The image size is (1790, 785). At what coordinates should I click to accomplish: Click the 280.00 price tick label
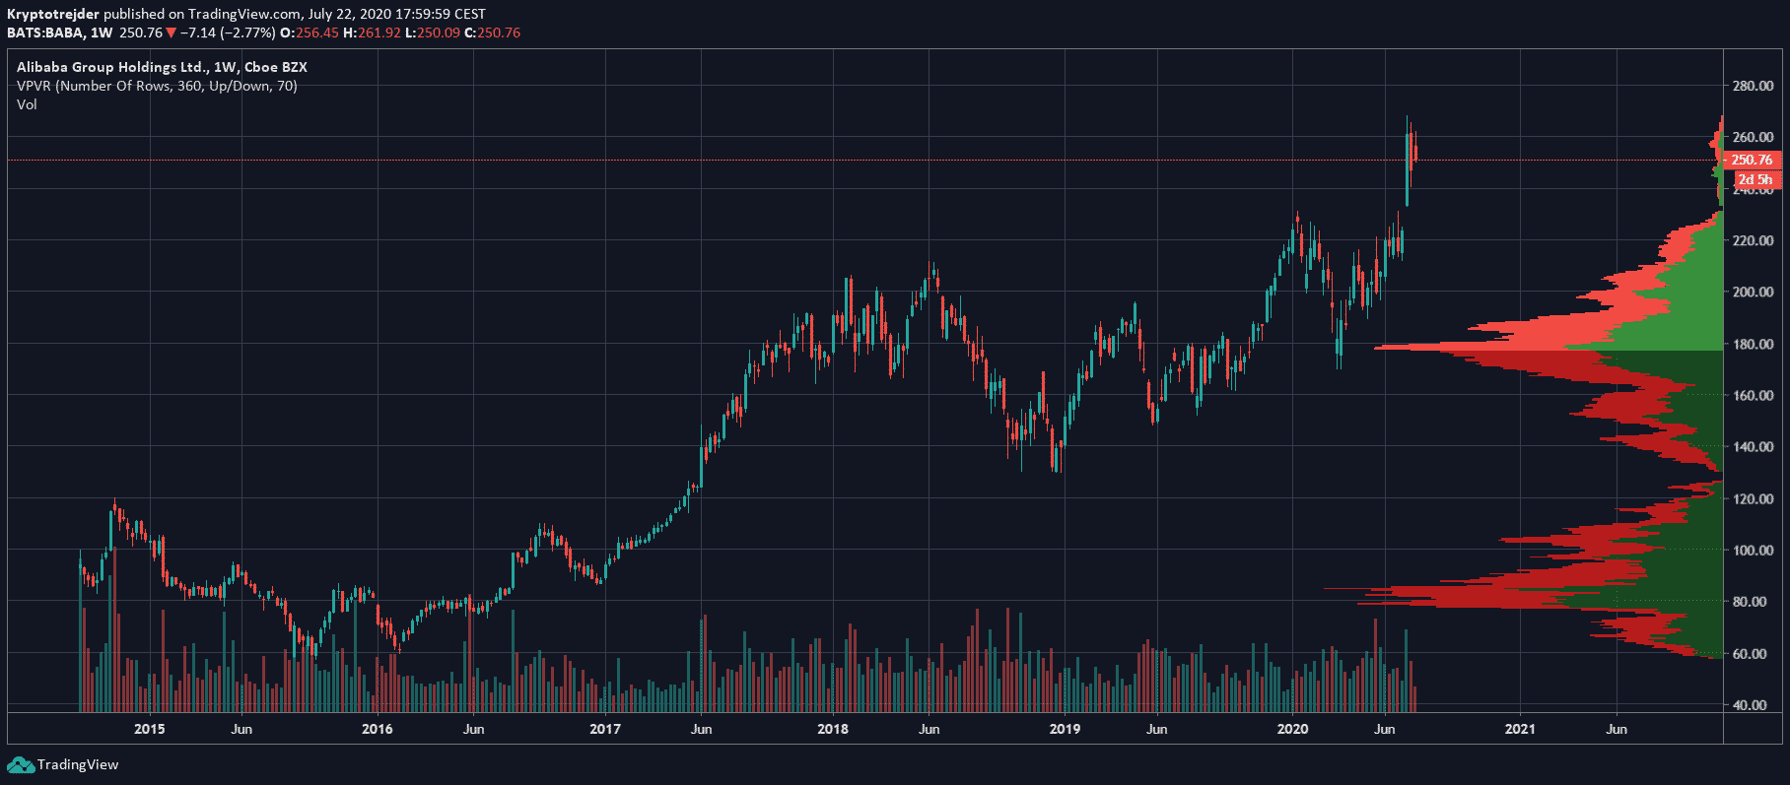[x=1753, y=86]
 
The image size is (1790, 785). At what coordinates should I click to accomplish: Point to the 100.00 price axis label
[x=1753, y=550]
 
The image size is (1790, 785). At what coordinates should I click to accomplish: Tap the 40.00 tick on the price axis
[x=1750, y=705]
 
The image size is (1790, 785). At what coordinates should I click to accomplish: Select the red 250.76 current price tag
[x=1752, y=160]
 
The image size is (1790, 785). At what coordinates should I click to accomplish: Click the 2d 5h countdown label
[x=1755, y=179]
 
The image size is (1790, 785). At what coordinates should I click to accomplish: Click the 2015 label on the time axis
[x=149, y=729]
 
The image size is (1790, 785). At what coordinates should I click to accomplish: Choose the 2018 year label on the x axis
[x=833, y=729]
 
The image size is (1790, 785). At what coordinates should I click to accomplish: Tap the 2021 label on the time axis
[x=1520, y=729]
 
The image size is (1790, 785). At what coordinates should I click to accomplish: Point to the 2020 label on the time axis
[x=1292, y=729]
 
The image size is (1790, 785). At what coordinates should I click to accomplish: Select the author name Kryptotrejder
[x=53, y=14]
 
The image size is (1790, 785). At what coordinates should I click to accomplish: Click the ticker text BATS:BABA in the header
[x=45, y=33]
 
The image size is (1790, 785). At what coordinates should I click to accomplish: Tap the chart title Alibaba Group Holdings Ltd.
[x=110, y=67]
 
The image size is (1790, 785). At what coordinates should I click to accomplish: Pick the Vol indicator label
[x=27, y=104]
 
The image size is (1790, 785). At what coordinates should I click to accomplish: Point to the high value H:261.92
[x=372, y=33]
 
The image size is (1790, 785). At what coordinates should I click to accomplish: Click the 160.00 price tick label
[x=1753, y=395]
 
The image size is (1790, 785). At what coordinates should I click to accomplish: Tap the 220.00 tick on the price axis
[x=1753, y=240]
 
